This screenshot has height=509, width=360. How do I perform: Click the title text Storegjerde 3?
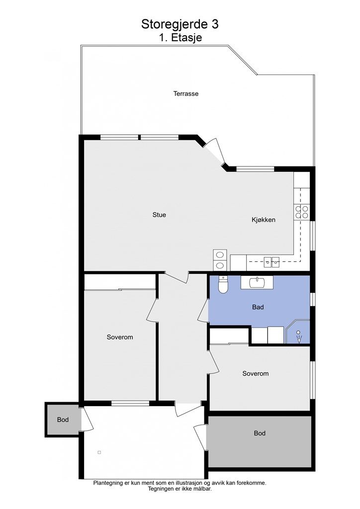[x=180, y=24]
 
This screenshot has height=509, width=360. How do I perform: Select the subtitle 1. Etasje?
[x=180, y=37]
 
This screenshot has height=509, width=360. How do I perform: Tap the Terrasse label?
[x=186, y=93]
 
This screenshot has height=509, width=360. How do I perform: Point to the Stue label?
[x=159, y=215]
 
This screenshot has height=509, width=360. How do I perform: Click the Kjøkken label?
[x=263, y=220]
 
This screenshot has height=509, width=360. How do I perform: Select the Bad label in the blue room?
[x=258, y=307]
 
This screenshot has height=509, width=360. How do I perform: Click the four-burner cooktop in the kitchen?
[x=302, y=212]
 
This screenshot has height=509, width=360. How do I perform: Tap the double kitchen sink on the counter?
[x=271, y=260]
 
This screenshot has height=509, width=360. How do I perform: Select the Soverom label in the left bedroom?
[x=120, y=337]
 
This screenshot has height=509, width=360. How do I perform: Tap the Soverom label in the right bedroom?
[x=255, y=373]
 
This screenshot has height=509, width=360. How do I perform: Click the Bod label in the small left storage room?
[x=63, y=420]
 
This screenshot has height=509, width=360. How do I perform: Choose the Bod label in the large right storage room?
[x=260, y=433]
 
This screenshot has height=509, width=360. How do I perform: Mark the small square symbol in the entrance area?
[x=99, y=452]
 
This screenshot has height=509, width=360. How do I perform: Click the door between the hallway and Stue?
[x=177, y=276]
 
